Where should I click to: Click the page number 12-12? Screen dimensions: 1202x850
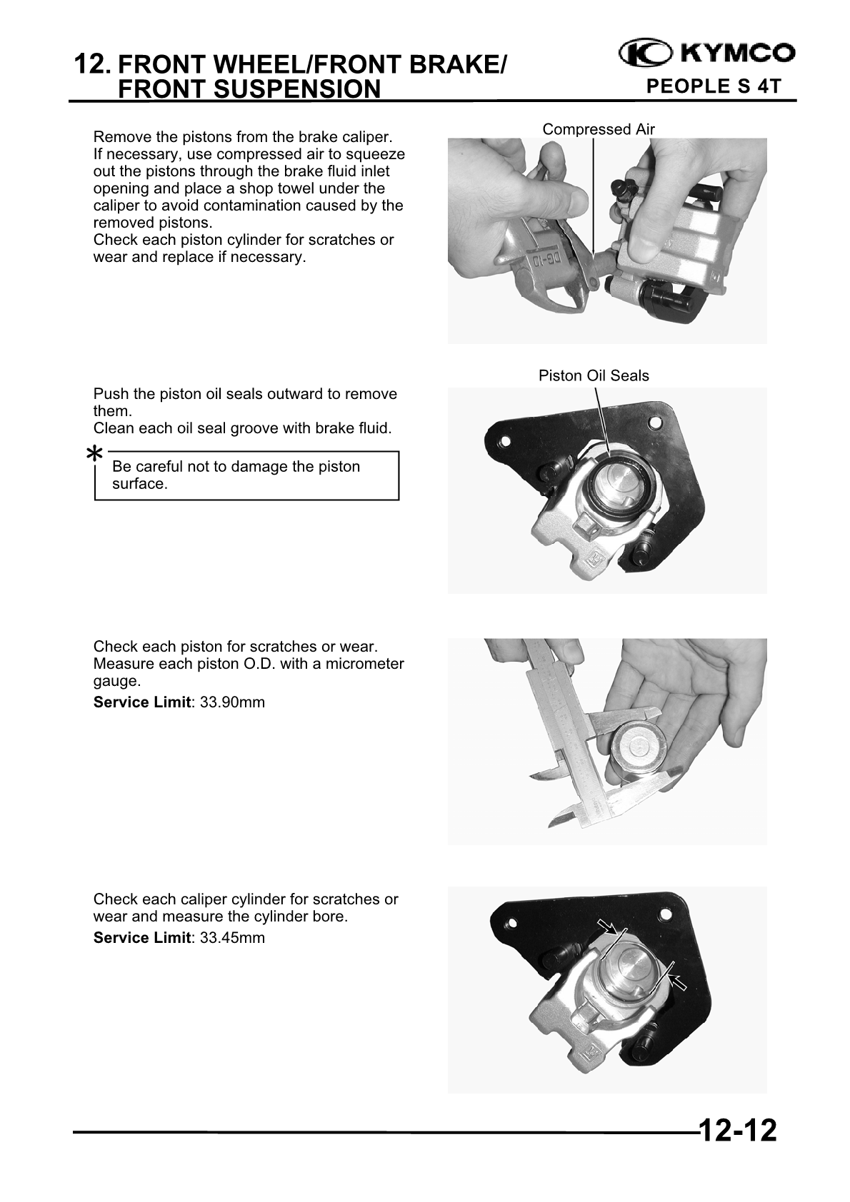tap(736, 1131)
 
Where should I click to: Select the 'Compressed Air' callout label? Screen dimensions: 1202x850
tap(598, 129)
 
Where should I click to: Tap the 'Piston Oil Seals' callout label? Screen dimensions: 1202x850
tap(594, 375)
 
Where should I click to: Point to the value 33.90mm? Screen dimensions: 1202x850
tap(232, 702)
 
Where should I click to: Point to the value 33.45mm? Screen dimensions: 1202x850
tap(232, 938)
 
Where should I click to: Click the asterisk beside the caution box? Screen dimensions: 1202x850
tap(94, 454)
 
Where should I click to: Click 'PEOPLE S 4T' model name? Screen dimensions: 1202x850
tap(712, 87)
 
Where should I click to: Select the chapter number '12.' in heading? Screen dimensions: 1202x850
tap(93, 65)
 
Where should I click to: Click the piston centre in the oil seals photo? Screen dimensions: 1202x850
tap(616, 486)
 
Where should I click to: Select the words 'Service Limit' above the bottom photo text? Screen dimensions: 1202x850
tap(141, 938)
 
